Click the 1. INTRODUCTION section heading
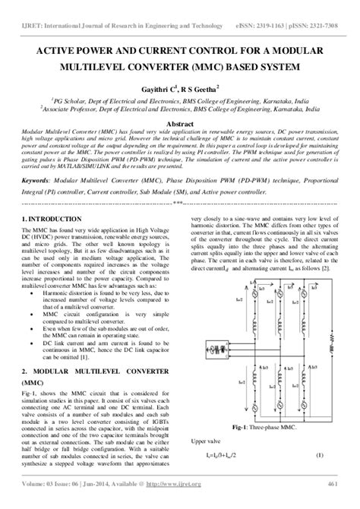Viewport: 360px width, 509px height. pos(51,219)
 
